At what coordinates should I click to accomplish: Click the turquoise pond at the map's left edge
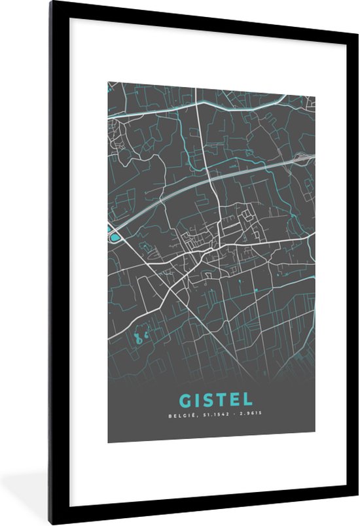115,237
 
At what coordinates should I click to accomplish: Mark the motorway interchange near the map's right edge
304,157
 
